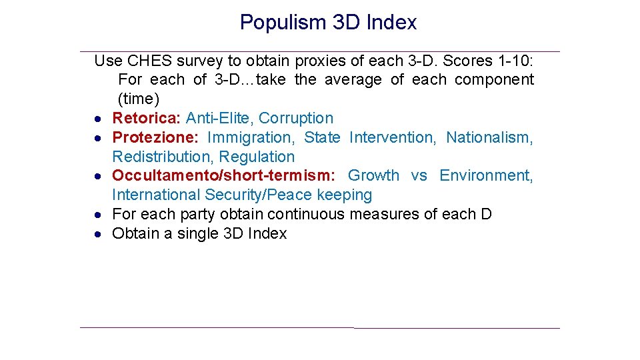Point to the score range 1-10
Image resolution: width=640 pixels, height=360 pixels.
[515, 61]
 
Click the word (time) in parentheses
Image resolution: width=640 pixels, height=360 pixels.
[139, 99]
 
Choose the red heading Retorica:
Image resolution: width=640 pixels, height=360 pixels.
[147, 118]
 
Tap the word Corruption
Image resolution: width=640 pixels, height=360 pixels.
[296, 118]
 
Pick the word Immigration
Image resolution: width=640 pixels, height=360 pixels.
[251, 137]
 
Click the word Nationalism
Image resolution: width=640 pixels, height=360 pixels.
[489, 137]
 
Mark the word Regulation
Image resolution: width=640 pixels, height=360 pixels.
[257, 157]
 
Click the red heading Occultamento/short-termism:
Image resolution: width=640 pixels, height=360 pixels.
[223, 175]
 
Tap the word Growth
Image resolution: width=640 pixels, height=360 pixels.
[373, 175]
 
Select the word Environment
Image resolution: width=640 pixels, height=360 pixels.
[486, 175]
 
